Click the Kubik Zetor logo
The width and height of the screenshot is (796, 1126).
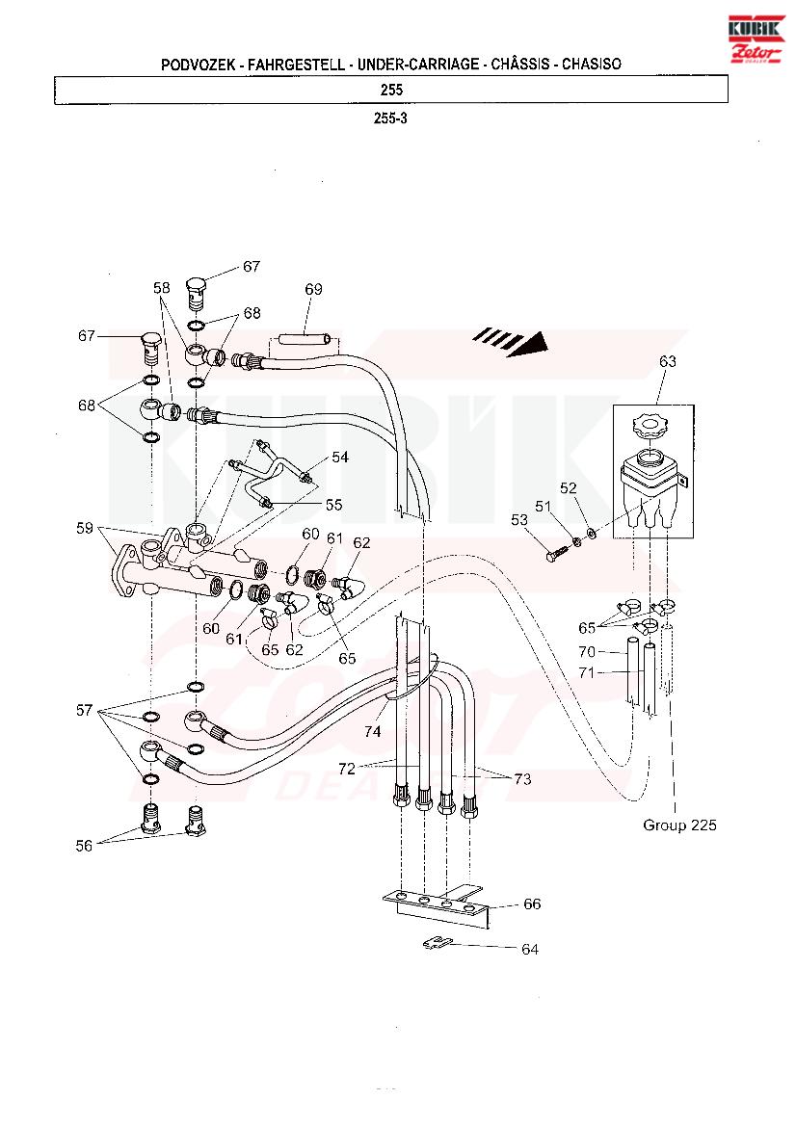(x=756, y=39)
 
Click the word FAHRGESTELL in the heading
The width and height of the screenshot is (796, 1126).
(x=296, y=64)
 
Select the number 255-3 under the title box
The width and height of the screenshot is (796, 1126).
(x=390, y=118)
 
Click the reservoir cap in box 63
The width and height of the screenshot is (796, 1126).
(x=650, y=426)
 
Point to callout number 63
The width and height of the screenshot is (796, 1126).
(x=668, y=361)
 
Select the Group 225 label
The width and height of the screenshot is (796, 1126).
(x=679, y=825)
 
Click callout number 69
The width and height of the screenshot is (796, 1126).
(x=313, y=289)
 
